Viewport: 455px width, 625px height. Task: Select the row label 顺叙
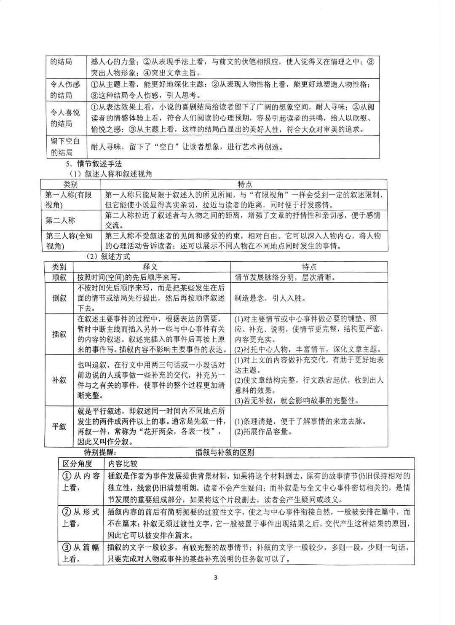tap(59, 277)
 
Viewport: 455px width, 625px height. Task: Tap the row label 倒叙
tap(59, 298)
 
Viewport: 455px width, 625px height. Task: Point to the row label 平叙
tap(59, 426)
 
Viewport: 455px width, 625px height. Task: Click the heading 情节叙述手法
tap(99, 164)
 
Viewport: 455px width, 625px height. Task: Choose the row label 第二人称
tap(60, 220)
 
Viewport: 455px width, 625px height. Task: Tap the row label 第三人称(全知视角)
tap(68, 241)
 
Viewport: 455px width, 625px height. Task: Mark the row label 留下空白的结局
tap(65, 147)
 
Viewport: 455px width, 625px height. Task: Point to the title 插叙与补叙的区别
tap(225, 453)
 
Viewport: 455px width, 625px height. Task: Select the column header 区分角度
tap(78, 464)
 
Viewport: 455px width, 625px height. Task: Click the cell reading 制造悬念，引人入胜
tap(270, 298)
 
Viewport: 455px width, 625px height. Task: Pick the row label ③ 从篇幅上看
tap(80, 553)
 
